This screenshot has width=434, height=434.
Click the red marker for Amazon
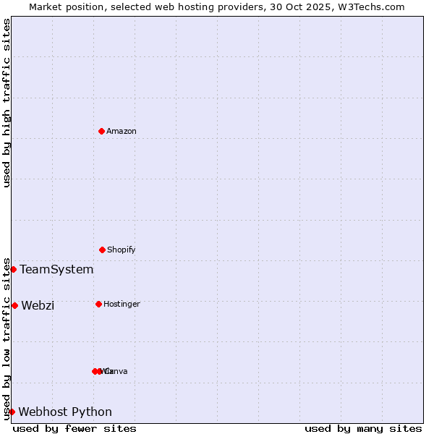tap(102, 131)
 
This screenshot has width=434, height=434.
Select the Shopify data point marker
tap(102, 250)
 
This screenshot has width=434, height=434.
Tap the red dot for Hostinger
tap(98, 304)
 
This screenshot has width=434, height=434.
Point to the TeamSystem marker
tap(13, 269)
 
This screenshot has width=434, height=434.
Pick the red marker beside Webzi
tap(14, 305)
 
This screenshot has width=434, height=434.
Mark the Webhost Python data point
tap(12, 412)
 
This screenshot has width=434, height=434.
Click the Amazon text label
tap(122, 131)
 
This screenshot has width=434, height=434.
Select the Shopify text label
tap(122, 250)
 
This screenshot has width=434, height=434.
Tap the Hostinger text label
tap(122, 304)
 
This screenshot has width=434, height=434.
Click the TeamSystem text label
tap(56, 269)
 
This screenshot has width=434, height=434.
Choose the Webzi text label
tap(38, 305)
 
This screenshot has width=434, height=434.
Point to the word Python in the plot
tap(92, 412)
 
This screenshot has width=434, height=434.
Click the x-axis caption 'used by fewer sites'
tap(75, 428)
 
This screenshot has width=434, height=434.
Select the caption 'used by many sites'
tap(363, 428)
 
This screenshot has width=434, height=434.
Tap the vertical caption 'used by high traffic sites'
tap(7, 103)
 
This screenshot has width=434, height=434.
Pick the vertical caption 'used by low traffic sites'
tap(7, 338)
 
